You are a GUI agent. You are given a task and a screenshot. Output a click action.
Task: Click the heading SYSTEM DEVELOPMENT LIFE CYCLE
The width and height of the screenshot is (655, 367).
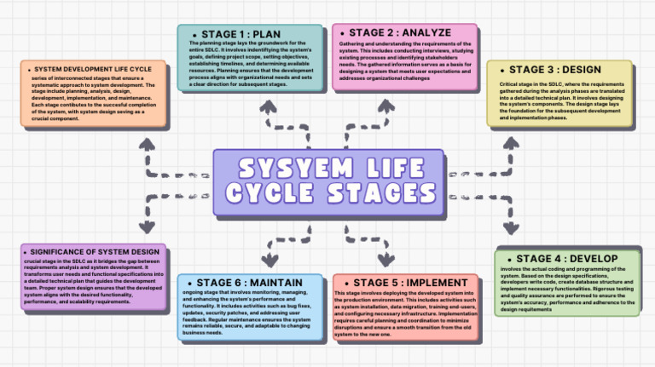pyautogui.click(x=96, y=69)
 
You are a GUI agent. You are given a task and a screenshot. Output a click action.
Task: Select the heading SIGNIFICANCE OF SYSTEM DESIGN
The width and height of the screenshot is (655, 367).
pyautogui.click(x=94, y=252)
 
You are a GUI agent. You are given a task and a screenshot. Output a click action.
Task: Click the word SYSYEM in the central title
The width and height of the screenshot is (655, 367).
pyautogui.click(x=285, y=166)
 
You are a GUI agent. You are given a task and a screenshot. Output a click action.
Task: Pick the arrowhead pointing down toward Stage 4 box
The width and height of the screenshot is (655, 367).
pyautogui.click(x=511, y=228)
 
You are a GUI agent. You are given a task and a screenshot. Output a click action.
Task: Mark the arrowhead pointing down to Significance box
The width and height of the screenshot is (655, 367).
pyautogui.click(x=146, y=227)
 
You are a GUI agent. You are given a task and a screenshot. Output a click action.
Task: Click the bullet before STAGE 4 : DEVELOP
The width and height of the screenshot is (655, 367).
pyautogui.click(x=509, y=259)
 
